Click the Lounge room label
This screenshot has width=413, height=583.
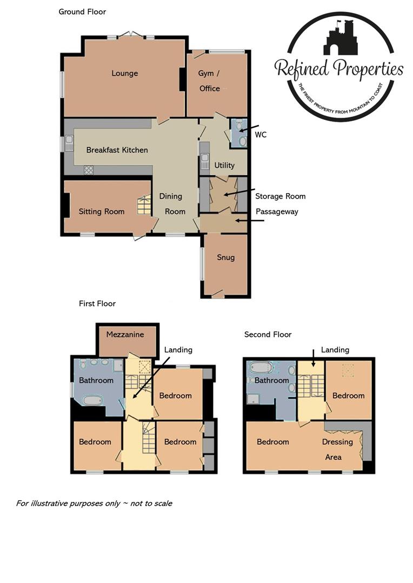[x=125, y=73]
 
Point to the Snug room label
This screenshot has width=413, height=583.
[x=225, y=257]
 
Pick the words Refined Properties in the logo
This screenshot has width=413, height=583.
[x=339, y=69]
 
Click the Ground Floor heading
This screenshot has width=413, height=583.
[x=82, y=11]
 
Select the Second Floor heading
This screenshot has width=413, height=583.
[x=268, y=335]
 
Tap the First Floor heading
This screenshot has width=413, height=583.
[x=97, y=304]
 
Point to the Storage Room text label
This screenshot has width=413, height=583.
[x=280, y=196]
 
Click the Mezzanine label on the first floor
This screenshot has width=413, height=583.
[x=125, y=334]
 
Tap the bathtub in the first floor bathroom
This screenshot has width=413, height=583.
[x=91, y=401]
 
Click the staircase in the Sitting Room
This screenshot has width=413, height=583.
[x=143, y=206]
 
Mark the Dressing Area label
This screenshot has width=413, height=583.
[x=337, y=449]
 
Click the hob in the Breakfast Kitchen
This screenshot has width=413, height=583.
[x=88, y=170]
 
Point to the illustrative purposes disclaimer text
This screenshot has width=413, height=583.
[x=94, y=503]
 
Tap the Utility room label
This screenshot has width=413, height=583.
[x=224, y=165]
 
